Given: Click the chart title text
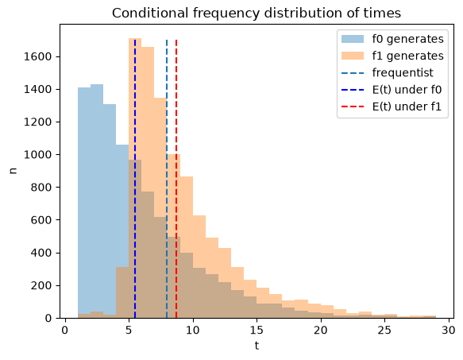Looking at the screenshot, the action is click(x=257, y=13).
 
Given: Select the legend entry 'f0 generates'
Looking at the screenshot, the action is click(x=392, y=39).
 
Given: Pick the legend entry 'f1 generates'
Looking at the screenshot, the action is click(x=392, y=56).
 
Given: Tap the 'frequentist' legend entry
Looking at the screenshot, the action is click(x=388, y=72).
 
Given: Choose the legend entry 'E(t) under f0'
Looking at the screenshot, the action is click(x=392, y=90).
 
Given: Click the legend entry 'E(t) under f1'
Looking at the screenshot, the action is click(x=392, y=106).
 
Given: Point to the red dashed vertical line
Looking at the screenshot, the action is click(x=176, y=179).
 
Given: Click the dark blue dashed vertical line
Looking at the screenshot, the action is click(x=135, y=179).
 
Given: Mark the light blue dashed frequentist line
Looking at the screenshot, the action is click(x=167, y=179).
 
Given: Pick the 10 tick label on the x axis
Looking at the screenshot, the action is click(x=193, y=330).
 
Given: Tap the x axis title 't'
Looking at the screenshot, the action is click(x=257, y=345).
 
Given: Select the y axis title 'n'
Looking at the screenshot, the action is click(x=13, y=171).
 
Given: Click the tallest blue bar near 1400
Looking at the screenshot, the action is click(x=97, y=201).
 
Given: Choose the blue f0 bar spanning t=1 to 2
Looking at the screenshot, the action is click(x=84, y=203).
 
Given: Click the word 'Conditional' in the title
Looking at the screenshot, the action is click(x=150, y=13).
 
